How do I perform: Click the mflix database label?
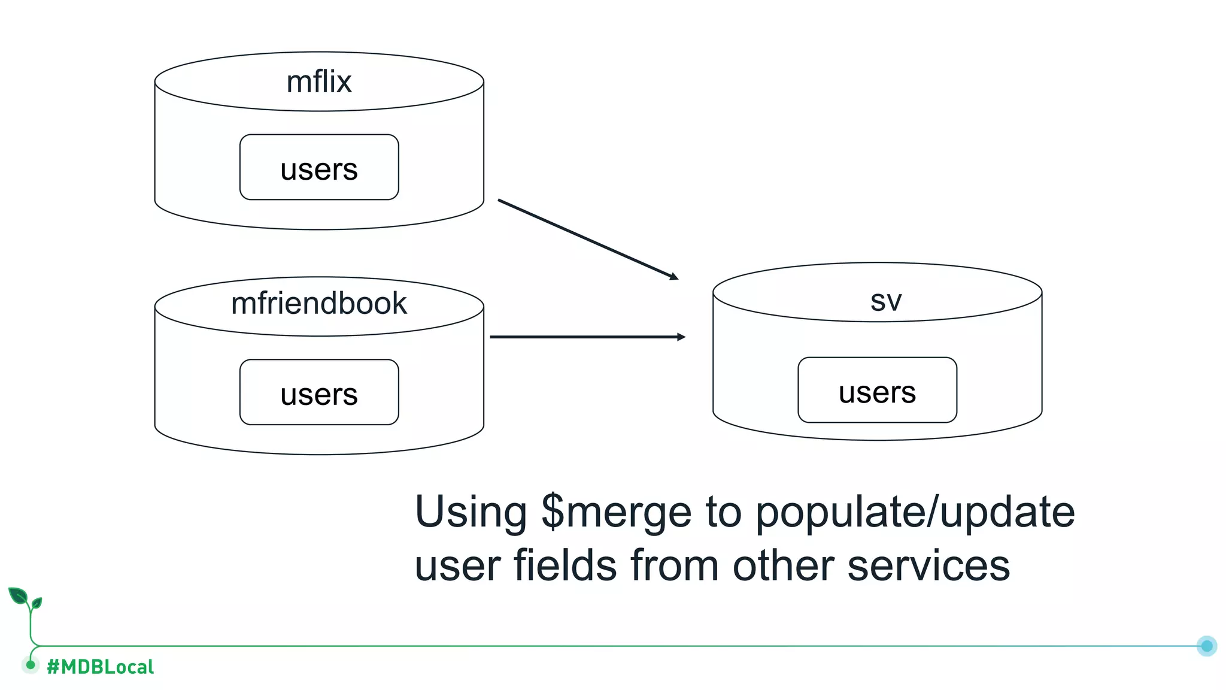pos(319,82)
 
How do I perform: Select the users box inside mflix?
pos(319,168)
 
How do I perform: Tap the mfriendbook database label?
pos(319,304)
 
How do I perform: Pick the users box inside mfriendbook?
pos(319,393)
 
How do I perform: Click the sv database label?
pos(886,301)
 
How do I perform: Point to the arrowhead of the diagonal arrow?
pos(675,277)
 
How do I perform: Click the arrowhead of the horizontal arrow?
pos(681,337)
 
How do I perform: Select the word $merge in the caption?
pos(617,513)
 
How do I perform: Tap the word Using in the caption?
pos(471,513)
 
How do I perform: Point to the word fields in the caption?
pos(565,565)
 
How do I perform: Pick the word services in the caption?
pos(928,567)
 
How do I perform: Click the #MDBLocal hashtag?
pos(100,667)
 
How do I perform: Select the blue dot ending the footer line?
pos(1207,646)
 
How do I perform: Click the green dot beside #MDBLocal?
pos(31,664)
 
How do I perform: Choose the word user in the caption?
pos(456,567)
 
